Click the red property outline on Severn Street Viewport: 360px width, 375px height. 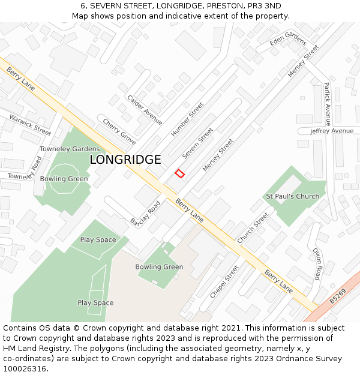click(179, 173)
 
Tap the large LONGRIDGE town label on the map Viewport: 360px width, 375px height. click(125, 160)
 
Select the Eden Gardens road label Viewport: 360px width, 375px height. click(288, 40)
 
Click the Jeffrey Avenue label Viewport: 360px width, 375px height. click(332, 131)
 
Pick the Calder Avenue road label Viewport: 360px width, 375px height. click(145, 110)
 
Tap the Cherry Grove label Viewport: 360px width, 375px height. click(119, 131)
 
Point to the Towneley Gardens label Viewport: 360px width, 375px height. click(70, 149)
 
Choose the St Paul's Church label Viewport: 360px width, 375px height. click(292, 196)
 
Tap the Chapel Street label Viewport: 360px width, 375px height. click(224, 282)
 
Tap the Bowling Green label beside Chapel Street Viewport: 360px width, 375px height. click(159, 267)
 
